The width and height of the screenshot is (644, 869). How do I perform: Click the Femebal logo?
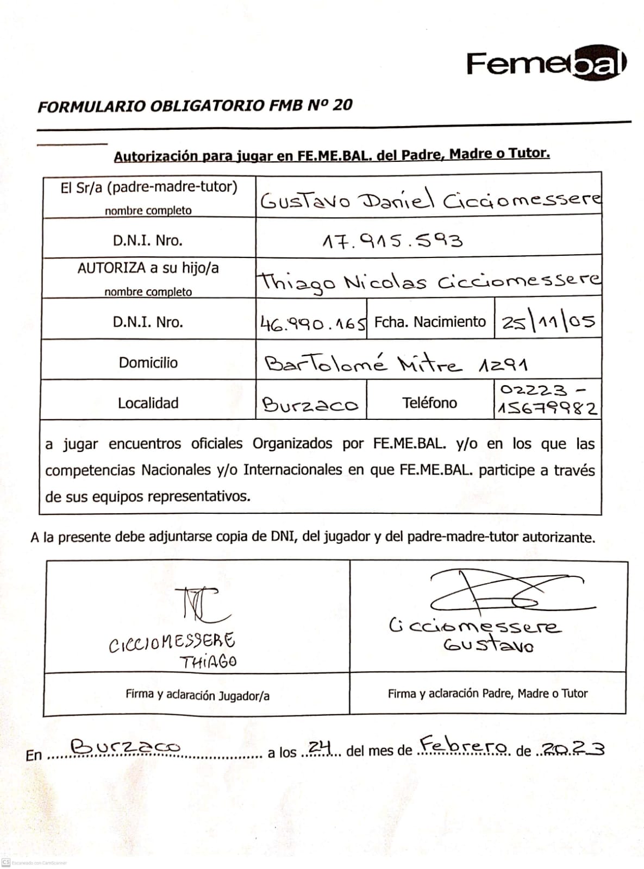pyautogui.click(x=546, y=63)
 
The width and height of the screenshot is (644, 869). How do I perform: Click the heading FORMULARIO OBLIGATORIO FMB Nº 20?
pyautogui.click(x=195, y=105)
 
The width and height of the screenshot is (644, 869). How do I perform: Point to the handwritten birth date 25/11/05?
pyautogui.click(x=548, y=322)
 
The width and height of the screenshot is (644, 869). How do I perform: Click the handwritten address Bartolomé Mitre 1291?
pyautogui.click(x=396, y=363)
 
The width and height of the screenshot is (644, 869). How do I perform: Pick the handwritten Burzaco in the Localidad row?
pyautogui.click(x=310, y=405)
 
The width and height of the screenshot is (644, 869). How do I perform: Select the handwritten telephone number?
pyautogui.click(x=547, y=400)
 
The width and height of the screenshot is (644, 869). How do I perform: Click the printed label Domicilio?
pyautogui.click(x=148, y=362)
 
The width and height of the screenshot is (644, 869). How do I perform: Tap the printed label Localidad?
pyautogui.click(x=148, y=403)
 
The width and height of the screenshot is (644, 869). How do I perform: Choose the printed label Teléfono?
pyautogui.click(x=429, y=403)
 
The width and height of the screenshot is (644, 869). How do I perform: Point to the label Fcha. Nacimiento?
pyautogui.click(x=430, y=322)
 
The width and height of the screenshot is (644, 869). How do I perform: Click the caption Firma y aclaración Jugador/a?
pyautogui.click(x=197, y=695)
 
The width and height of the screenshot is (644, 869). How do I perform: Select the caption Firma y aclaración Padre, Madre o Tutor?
pyautogui.click(x=487, y=694)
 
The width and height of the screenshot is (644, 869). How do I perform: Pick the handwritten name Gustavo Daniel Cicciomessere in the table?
pyautogui.click(x=430, y=200)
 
